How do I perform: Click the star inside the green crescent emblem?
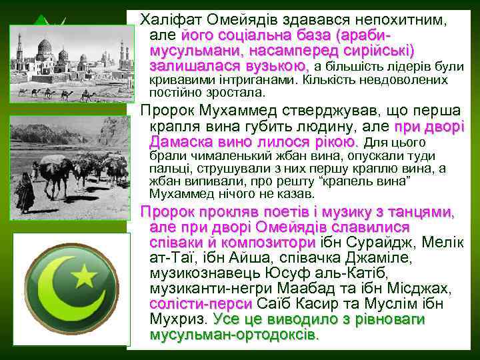point(84,274)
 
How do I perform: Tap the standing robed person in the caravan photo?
point(25,191)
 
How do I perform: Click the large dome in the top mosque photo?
point(45,48)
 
